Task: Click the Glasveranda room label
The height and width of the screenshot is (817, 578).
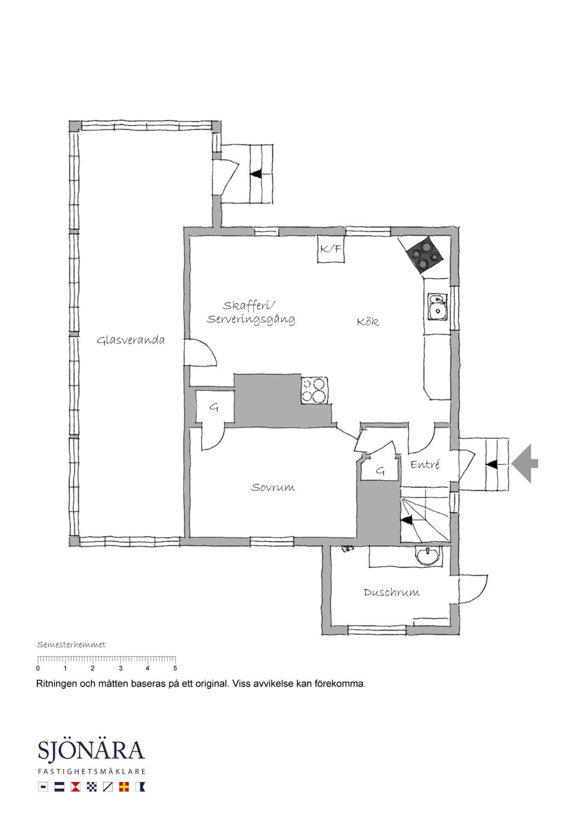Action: click(131, 341)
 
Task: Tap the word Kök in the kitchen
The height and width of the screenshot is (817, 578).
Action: click(367, 322)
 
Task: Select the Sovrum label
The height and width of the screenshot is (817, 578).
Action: click(273, 487)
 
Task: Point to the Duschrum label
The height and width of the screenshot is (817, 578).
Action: click(391, 593)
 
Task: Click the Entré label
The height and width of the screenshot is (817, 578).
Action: click(425, 464)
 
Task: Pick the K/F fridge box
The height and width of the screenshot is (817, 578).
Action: click(331, 249)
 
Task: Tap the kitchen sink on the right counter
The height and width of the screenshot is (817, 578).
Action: click(437, 306)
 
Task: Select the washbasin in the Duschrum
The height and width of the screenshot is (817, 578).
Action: click(428, 555)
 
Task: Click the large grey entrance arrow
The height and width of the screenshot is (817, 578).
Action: click(525, 463)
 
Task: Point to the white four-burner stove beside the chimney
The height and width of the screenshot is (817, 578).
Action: click(315, 390)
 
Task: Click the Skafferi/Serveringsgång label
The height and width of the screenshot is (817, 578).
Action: click(250, 313)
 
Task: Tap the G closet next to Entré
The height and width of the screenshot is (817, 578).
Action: click(380, 470)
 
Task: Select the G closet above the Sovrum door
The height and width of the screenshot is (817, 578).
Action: click(214, 408)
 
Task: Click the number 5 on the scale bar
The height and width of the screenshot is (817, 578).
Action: click(175, 668)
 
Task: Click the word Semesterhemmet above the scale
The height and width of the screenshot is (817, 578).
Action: click(71, 645)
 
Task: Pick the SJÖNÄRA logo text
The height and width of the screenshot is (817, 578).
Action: click(92, 752)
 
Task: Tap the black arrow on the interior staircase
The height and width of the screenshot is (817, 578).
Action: click(408, 520)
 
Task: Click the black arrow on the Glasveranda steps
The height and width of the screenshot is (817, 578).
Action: click(256, 174)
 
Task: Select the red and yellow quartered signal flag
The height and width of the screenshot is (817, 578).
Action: click(124, 786)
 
